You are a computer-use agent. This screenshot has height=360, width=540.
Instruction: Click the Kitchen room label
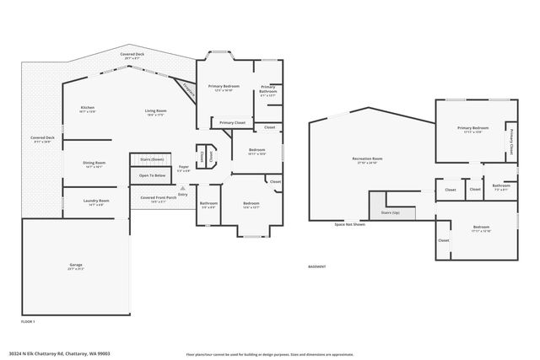(x=88, y=108)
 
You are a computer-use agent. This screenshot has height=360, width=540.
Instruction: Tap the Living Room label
(x=155, y=111)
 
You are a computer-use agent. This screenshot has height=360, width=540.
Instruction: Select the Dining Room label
(x=94, y=164)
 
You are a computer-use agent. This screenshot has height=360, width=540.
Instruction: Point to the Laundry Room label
(x=96, y=201)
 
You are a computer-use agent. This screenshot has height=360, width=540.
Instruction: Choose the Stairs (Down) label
(x=152, y=158)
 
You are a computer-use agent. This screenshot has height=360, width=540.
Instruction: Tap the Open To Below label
(x=152, y=175)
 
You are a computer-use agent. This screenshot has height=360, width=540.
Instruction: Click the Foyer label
(x=183, y=167)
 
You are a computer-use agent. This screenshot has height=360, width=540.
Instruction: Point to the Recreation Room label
(x=367, y=159)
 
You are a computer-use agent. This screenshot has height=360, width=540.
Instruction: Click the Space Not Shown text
(x=349, y=225)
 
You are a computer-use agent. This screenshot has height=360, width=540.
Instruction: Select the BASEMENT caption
(x=316, y=266)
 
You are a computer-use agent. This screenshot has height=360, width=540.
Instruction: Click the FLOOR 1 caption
(x=28, y=321)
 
